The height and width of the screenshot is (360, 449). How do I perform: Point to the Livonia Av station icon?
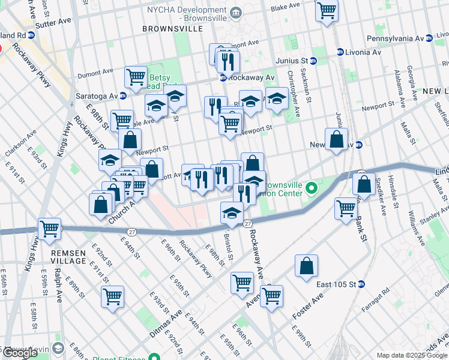[340, 52]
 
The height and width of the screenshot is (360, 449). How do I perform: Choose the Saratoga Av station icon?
[122, 96]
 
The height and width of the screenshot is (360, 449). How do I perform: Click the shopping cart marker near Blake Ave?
[327, 10]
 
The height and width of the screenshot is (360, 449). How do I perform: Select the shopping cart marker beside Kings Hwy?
[49, 228]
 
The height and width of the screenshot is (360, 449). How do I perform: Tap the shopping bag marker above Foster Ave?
[306, 265]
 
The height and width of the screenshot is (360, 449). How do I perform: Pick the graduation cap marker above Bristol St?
[232, 212]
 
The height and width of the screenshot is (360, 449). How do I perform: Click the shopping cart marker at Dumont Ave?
[136, 77]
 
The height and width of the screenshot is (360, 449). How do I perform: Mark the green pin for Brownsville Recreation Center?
[311, 190]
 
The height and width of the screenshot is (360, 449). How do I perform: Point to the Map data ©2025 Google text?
[411, 355]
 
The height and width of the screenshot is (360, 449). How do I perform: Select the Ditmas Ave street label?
[166, 326]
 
